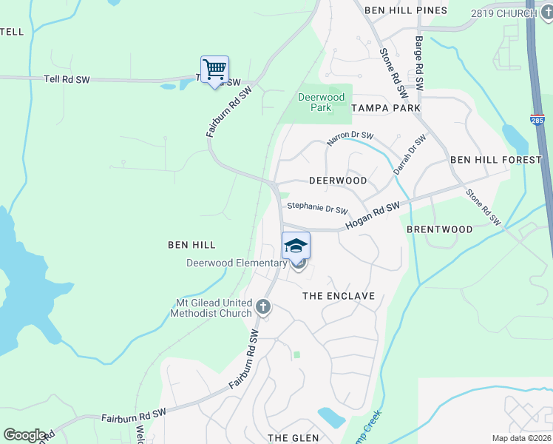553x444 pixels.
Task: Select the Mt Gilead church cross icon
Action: [x=263, y=306]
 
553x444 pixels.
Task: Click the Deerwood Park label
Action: [x=320, y=102]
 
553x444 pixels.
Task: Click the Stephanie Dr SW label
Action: [x=317, y=209]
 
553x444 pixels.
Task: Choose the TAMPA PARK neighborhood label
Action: [x=386, y=108]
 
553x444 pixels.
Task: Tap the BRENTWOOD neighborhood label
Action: [x=440, y=229]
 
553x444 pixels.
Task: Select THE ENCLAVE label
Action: [x=339, y=296]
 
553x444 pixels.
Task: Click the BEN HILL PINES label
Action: [x=407, y=10]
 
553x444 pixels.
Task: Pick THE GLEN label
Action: [x=294, y=438]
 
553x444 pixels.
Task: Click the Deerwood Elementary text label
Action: [x=237, y=263]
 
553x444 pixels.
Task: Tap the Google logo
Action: [x=24, y=435]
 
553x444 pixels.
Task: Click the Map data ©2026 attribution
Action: [x=521, y=438]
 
